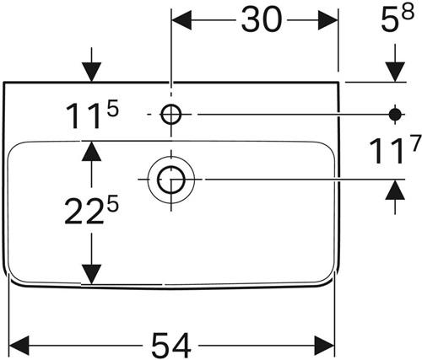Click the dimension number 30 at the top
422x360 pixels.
(x=262, y=19)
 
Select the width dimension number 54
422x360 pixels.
(x=171, y=345)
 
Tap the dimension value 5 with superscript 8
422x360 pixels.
(x=398, y=18)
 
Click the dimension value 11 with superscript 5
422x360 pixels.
(x=92, y=116)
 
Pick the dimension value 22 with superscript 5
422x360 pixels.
(x=92, y=210)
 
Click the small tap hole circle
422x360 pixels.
(x=171, y=115)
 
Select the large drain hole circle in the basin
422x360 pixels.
(x=171, y=180)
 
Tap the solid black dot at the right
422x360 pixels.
(x=395, y=115)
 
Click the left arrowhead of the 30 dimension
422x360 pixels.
(x=181, y=20)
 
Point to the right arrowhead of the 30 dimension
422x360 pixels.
(x=327, y=20)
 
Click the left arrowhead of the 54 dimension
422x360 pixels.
(x=19, y=346)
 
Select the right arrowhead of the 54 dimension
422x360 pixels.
(x=325, y=346)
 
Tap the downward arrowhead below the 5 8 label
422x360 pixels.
(x=395, y=72)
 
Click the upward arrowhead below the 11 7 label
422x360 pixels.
(x=395, y=190)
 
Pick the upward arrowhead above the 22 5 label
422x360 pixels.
(x=91, y=151)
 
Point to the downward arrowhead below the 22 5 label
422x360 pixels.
(x=91, y=275)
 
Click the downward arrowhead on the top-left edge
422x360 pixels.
(x=91, y=72)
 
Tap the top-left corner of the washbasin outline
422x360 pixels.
(x=4, y=83)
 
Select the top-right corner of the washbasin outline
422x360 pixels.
(x=338, y=83)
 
